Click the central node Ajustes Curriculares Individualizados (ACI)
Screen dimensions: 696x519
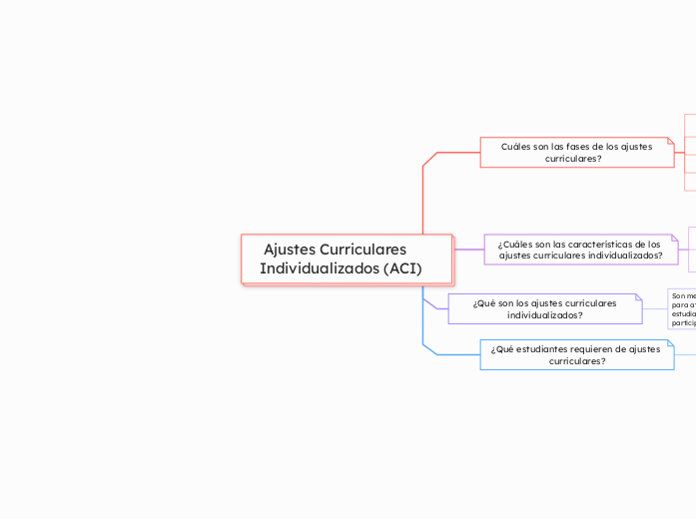347,259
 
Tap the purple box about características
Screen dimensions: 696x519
580,250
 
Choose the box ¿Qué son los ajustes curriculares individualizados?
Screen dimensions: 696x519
544,308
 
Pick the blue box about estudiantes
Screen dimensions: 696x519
576,354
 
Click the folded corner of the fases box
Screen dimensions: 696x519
670,141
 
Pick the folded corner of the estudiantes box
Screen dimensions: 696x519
670,343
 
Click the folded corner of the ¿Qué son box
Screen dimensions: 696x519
638,298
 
